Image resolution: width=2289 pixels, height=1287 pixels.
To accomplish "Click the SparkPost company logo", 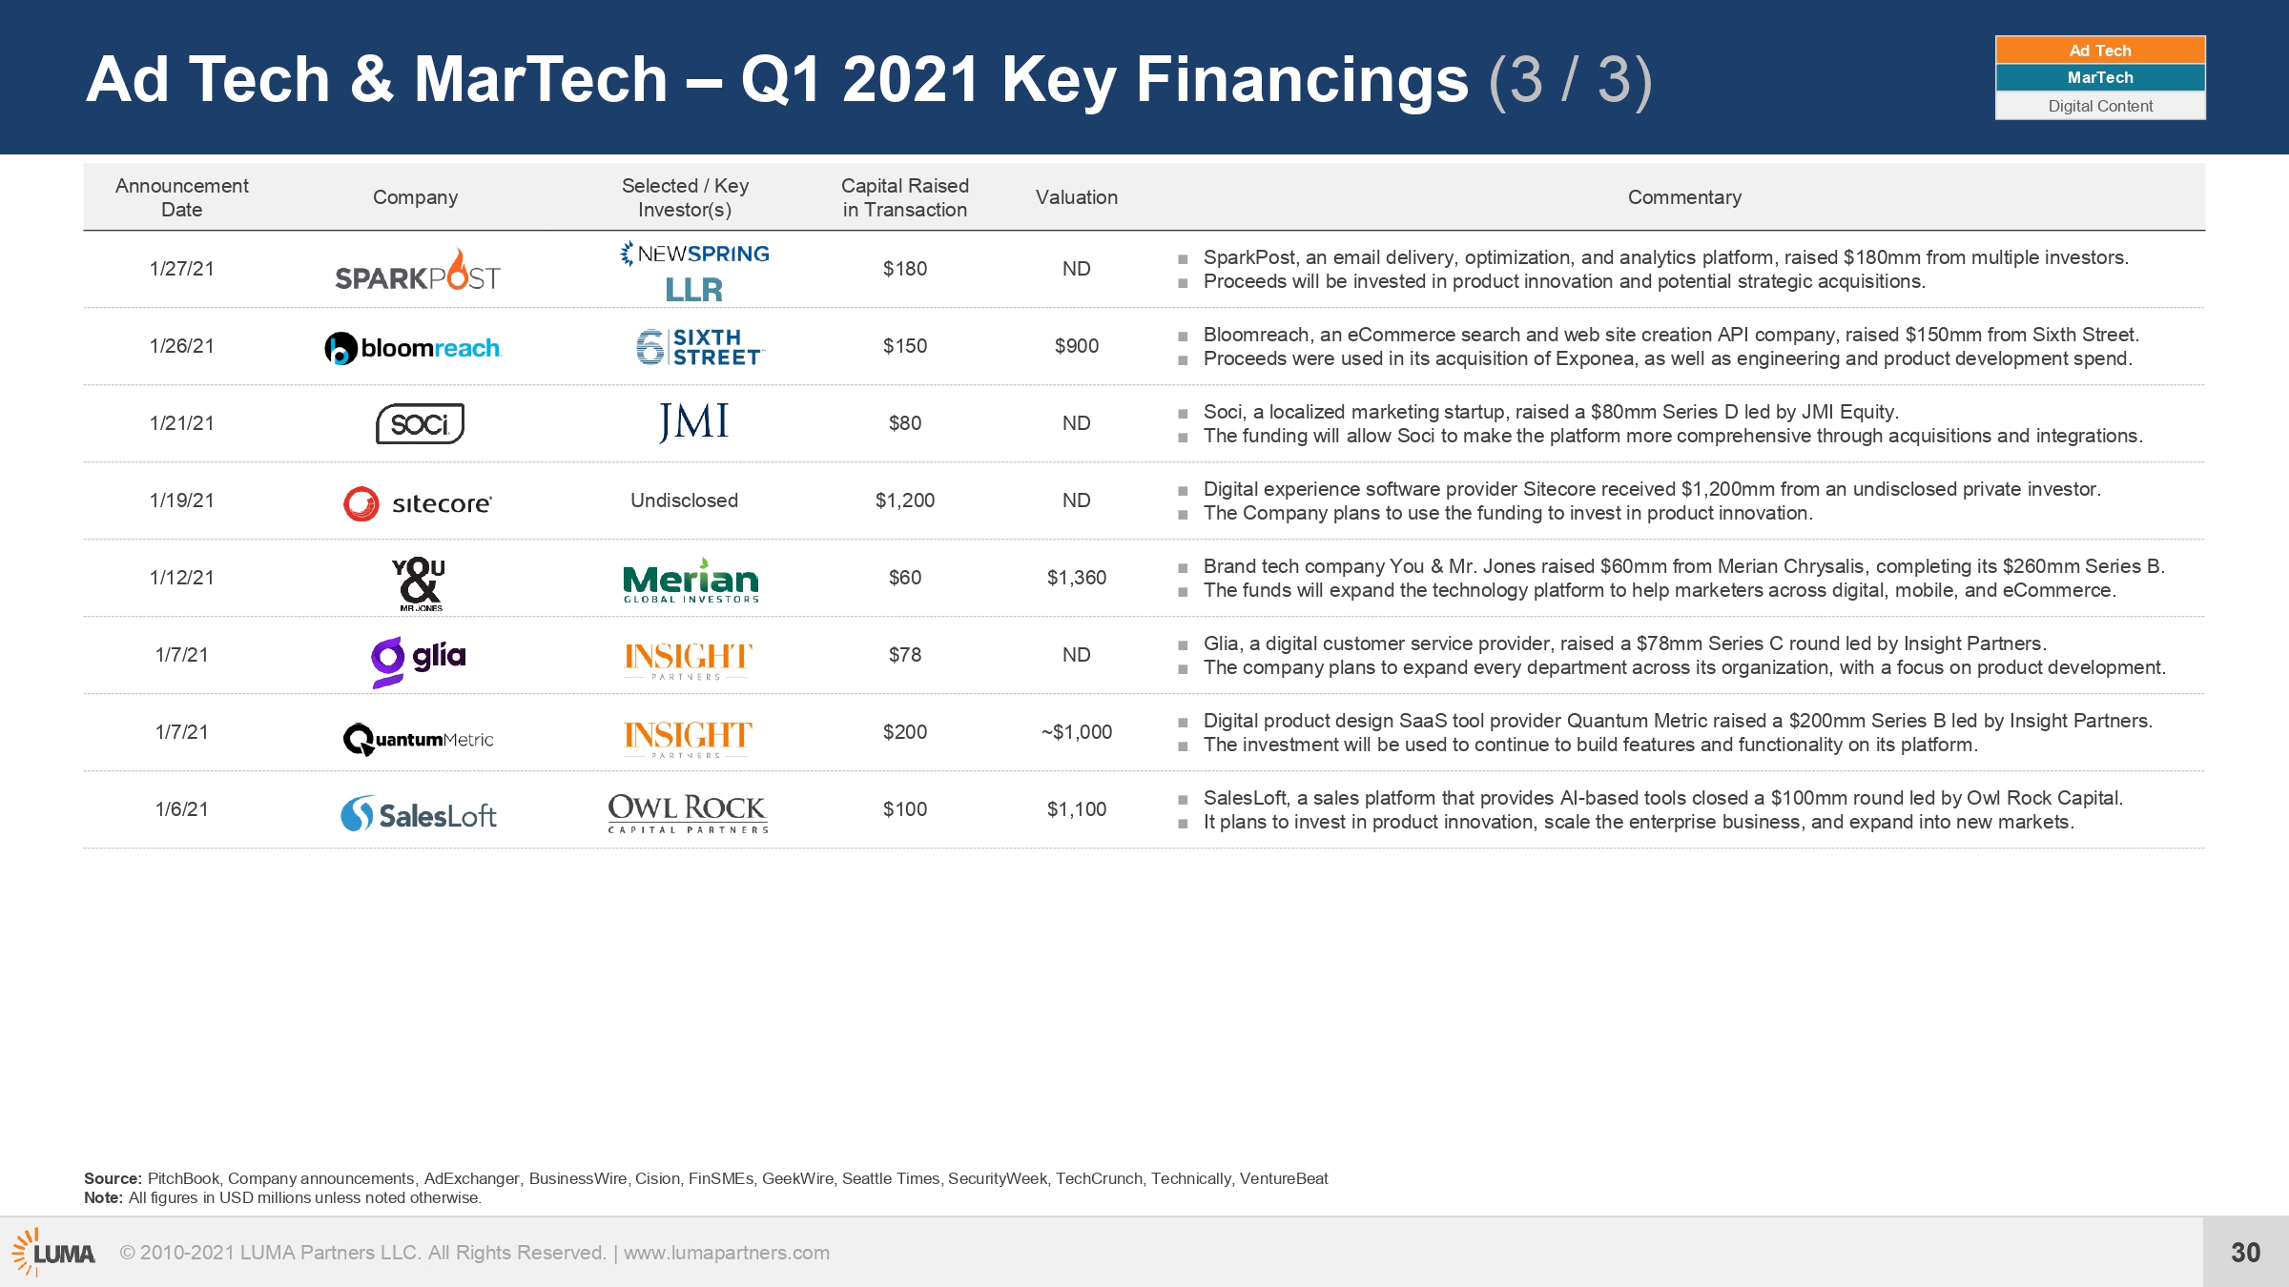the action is pyautogui.click(x=418, y=270).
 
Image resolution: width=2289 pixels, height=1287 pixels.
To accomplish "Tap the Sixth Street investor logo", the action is pyautogui.click(x=700, y=347).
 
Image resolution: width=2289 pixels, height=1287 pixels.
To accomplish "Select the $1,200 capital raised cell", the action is pyautogui.click(x=905, y=500).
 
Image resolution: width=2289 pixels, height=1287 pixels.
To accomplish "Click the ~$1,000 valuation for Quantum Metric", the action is pyautogui.click(x=1077, y=732).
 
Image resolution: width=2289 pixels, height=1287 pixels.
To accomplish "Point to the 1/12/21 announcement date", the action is pyautogui.click(x=182, y=578).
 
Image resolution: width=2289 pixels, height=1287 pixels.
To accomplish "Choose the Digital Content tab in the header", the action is pyautogui.click(x=2100, y=106).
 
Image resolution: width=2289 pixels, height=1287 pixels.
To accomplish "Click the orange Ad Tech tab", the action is pyautogui.click(x=2100, y=51).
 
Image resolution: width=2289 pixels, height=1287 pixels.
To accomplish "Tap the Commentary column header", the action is pyautogui.click(x=1684, y=197).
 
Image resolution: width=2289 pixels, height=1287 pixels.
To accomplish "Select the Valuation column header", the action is pyautogui.click(x=1077, y=197).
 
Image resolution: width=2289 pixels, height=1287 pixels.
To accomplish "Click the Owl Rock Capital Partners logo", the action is pyautogui.click(x=688, y=813).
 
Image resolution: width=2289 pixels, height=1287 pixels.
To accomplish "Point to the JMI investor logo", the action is pyautogui.click(x=693, y=422).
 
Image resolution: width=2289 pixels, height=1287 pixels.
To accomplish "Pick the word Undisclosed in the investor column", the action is pyautogui.click(x=684, y=500).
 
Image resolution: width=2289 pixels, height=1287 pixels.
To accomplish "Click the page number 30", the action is pyautogui.click(x=2245, y=1253).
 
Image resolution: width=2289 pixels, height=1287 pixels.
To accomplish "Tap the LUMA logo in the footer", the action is pyautogui.click(x=53, y=1253).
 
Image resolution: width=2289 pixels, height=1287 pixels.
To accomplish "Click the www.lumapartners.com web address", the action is pyautogui.click(x=727, y=1253).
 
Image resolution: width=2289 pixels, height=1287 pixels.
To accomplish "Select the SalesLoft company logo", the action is pyautogui.click(x=419, y=814).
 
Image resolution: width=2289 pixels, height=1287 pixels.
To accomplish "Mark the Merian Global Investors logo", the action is pyautogui.click(x=691, y=581).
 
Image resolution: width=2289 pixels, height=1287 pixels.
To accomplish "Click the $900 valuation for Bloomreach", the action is pyautogui.click(x=1077, y=346).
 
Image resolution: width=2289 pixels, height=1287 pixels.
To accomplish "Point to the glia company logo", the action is pyautogui.click(x=419, y=661).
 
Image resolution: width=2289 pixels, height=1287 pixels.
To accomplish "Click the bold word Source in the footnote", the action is pyautogui.click(x=113, y=1178).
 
